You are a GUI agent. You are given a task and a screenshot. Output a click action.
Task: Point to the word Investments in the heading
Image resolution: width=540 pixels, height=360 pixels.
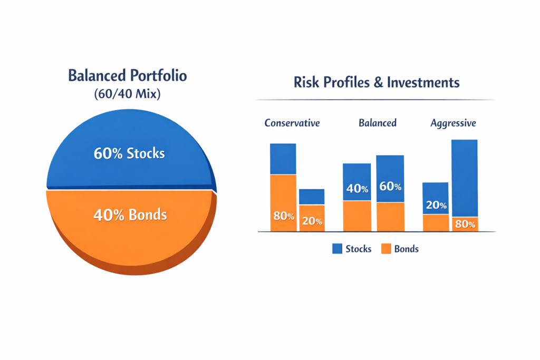pos(423,83)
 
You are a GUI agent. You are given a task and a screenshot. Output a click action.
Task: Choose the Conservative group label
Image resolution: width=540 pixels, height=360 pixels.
pos(292,123)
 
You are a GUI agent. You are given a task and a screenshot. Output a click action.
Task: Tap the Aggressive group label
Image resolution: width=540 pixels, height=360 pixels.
pos(453,123)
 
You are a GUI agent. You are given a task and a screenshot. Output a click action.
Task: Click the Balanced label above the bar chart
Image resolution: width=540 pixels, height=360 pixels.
pos(378,123)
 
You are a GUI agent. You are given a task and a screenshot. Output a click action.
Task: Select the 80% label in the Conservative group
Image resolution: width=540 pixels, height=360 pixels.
pos(283,216)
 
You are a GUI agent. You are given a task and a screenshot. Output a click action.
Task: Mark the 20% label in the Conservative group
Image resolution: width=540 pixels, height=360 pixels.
pos(312,221)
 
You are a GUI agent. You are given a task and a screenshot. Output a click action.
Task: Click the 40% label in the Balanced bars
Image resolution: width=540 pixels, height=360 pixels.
pos(357,189)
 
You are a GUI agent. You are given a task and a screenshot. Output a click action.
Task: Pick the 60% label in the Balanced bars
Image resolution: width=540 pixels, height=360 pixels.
pos(390,187)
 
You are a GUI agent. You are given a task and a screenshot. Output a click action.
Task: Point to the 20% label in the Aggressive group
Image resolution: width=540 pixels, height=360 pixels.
pos(436,205)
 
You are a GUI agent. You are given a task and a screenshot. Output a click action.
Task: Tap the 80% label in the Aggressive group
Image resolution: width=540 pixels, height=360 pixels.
pos(465,225)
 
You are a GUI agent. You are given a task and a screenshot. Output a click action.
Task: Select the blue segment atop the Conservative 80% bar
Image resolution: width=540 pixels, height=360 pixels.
pos(283,159)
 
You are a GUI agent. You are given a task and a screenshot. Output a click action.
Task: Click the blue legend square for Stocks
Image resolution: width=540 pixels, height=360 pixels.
pos(337,249)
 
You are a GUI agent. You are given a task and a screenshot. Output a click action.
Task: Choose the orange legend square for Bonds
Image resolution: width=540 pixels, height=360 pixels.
pos(385,249)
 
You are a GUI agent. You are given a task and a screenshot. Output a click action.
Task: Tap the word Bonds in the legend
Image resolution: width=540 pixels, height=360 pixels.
pos(407,249)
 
